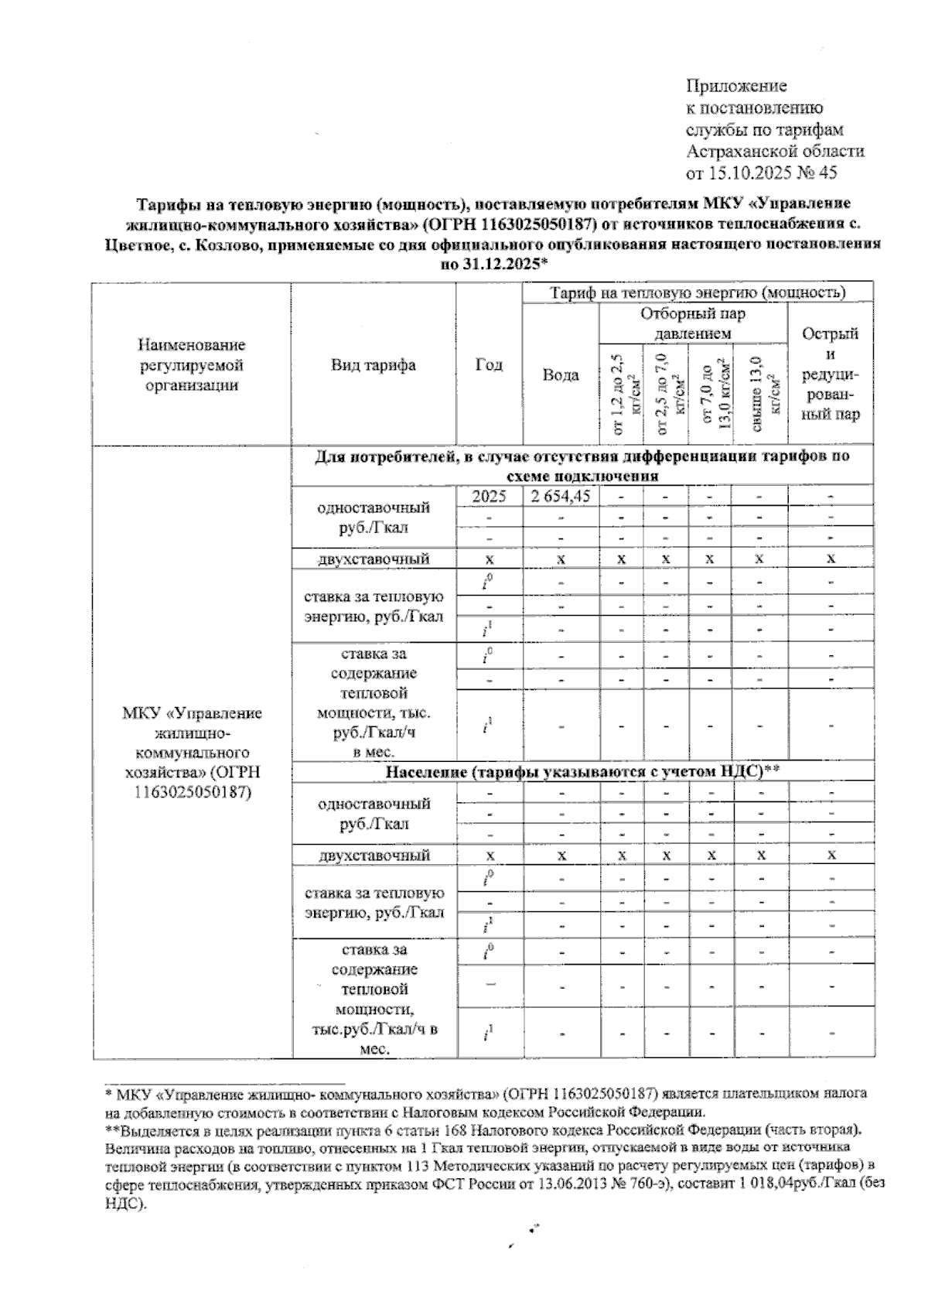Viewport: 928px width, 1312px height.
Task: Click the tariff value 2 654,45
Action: pos(561,497)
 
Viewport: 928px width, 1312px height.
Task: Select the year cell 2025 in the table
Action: pos(490,497)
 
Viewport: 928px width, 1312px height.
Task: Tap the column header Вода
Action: pos(561,375)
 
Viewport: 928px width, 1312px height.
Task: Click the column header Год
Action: pos(490,364)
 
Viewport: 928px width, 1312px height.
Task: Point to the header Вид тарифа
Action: pos(374,364)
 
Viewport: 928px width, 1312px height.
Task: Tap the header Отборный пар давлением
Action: pos(693,324)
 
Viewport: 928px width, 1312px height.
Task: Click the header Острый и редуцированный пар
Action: pos(831,374)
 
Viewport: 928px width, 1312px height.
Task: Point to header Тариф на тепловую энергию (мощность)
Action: pos(697,293)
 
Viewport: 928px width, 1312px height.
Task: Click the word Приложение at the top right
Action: pos(736,86)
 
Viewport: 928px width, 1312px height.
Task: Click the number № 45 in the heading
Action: pos(819,173)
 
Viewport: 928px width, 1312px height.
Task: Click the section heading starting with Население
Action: pos(582,771)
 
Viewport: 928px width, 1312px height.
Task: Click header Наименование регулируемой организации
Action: pos(193,364)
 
